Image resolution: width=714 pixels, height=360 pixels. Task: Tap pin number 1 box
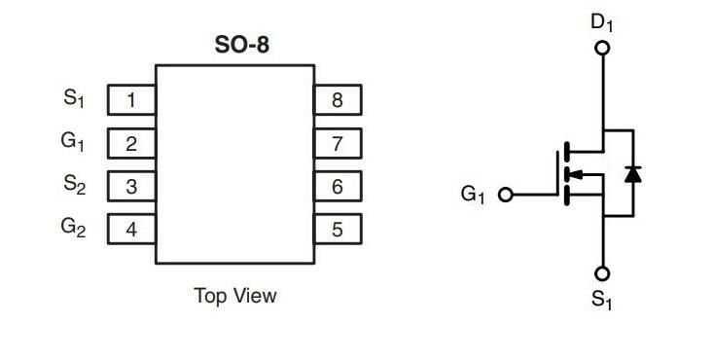click(x=130, y=100)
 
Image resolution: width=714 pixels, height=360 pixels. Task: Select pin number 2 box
click(x=130, y=144)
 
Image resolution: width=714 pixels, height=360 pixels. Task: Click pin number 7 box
click(x=338, y=144)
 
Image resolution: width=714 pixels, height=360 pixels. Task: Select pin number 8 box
click(x=338, y=100)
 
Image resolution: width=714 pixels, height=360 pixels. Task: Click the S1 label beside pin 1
click(x=74, y=98)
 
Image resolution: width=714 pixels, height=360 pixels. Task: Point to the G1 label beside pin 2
click(x=73, y=141)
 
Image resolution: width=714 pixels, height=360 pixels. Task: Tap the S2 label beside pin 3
click(x=74, y=184)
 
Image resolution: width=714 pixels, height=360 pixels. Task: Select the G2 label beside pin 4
click(x=73, y=228)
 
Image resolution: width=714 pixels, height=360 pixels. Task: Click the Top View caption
click(x=234, y=296)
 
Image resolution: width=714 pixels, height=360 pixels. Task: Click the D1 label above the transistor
click(x=602, y=21)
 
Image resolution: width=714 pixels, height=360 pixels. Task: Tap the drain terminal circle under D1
click(x=602, y=47)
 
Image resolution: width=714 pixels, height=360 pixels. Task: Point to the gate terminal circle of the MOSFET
click(x=505, y=195)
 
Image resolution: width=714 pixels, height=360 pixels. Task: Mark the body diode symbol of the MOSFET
click(x=632, y=174)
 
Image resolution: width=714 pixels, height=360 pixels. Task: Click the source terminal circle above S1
click(x=602, y=273)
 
